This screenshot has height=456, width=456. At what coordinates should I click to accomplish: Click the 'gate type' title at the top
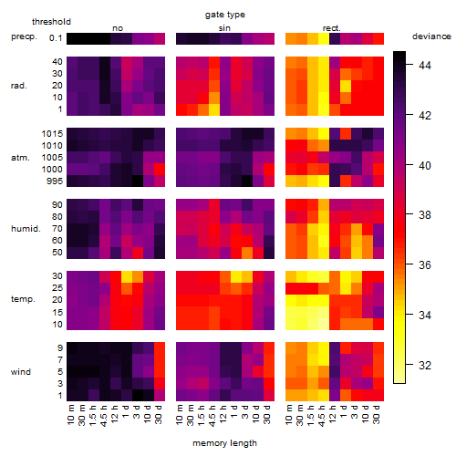(225, 15)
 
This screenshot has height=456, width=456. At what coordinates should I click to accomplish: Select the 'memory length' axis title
(224, 443)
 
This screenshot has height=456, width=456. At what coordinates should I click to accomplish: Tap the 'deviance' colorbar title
(431, 36)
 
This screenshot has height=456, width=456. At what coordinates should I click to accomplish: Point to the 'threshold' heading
(51, 22)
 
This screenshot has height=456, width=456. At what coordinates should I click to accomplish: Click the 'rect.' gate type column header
(331, 28)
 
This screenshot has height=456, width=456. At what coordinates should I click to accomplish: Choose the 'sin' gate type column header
(224, 28)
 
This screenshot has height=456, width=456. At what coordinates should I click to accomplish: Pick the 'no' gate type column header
(118, 28)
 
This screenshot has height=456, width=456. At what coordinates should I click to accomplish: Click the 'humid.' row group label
(26, 229)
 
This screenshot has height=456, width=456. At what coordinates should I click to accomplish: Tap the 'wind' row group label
(21, 372)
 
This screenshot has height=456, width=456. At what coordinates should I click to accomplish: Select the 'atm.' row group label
(20, 158)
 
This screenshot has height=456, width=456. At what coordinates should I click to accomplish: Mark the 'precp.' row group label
(24, 37)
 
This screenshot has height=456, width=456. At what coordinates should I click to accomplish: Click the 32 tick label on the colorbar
(425, 365)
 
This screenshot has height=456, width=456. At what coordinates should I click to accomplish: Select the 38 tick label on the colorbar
(425, 215)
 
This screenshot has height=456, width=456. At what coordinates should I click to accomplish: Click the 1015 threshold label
(52, 134)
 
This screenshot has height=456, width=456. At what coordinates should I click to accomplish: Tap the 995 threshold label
(55, 181)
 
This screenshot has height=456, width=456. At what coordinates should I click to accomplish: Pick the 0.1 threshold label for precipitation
(56, 38)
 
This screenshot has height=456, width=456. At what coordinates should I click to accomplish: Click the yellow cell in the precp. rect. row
(324, 38)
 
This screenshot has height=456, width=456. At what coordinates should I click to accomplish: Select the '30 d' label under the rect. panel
(377, 414)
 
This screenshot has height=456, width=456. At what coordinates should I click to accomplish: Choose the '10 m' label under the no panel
(70, 414)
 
